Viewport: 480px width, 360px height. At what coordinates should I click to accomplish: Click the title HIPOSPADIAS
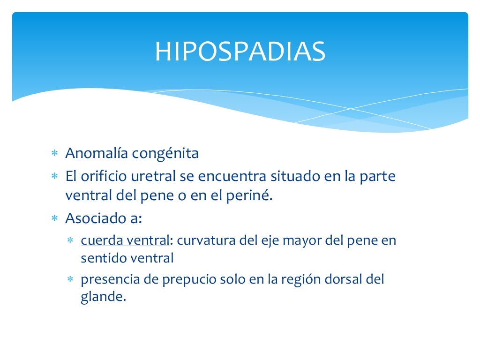pyautogui.click(x=240, y=52)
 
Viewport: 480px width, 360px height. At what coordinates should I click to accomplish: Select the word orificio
pyautogui.click(x=103, y=177)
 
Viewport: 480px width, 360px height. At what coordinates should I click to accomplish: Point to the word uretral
pyautogui.click(x=155, y=177)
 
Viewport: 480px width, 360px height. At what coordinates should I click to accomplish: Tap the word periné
pyautogui.click(x=254, y=195)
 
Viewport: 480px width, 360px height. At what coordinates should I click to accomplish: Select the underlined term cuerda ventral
pyautogui.click(x=125, y=241)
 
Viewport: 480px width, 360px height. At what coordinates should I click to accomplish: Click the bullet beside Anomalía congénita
pyautogui.click(x=54, y=154)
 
